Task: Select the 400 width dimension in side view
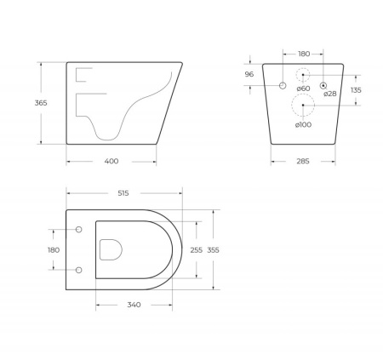pyautogui.click(x=111, y=161)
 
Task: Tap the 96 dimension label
pyautogui.click(x=249, y=74)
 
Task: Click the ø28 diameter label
pyautogui.click(x=330, y=94)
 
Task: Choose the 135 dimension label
pyautogui.click(x=356, y=89)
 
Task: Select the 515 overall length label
pyautogui.click(x=123, y=193)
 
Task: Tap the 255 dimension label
pyautogui.click(x=196, y=250)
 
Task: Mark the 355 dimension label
pyautogui.click(x=213, y=250)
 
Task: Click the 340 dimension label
pyautogui.click(x=134, y=305)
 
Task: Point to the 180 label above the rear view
pyautogui.click(x=304, y=51)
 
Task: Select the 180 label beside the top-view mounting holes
pyautogui.click(x=54, y=250)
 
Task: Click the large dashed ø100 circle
pyautogui.click(x=303, y=106)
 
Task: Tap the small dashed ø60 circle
pyautogui.click(x=303, y=76)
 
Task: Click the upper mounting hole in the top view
pyautogui.click(x=79, y=230)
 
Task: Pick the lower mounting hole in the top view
pyautogui.click(x=79, y=270)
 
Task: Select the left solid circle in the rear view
pyautogui.click(x=282, y=85)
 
